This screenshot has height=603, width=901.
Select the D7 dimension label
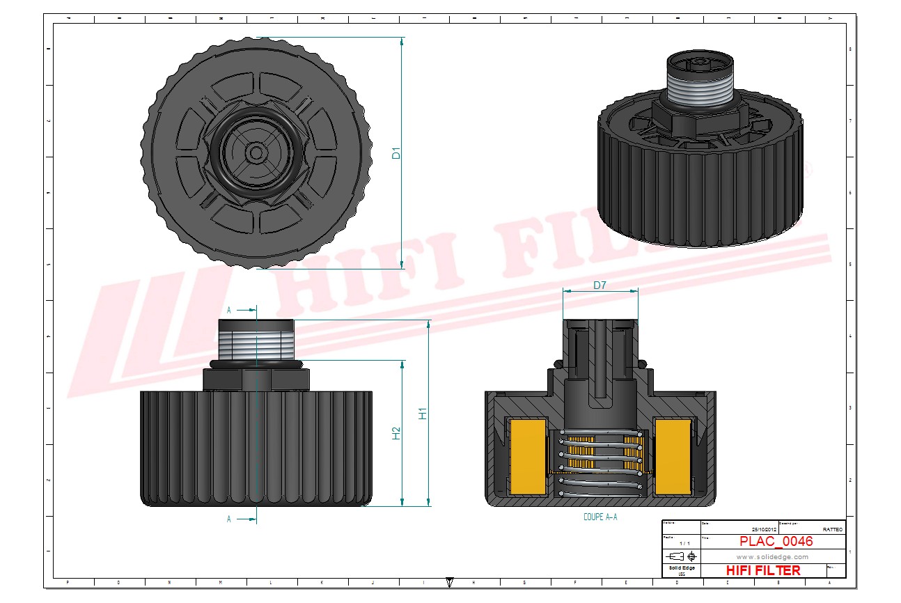click(600, 285)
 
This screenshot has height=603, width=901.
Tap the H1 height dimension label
click(423, 412)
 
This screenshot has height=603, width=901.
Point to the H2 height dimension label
click(396, 433)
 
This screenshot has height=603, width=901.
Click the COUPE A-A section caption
click(600, 517)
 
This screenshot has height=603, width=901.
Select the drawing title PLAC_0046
click(776, 541)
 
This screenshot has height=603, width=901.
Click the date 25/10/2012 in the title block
click(760, 529)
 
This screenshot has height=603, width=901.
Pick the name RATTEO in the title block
click(832, 529)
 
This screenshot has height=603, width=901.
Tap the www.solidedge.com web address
click(772, 556)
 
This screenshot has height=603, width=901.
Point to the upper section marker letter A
click(229, 310)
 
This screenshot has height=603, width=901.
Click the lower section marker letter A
click(229, 519)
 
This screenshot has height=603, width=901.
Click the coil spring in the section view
click(600, 463)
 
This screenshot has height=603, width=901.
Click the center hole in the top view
click(256, 152)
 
